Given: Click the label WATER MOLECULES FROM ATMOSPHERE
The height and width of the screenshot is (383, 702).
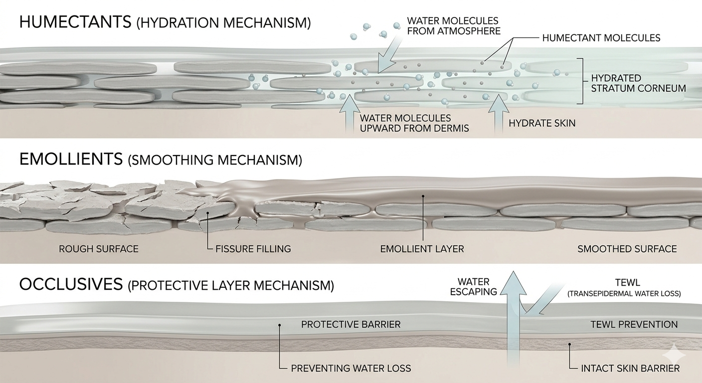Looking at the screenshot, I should (x=453, y=26).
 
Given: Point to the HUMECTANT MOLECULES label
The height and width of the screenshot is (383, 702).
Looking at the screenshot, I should (x=601, y=38).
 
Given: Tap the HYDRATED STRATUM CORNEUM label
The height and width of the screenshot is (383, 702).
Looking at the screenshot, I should (x=638, y=83).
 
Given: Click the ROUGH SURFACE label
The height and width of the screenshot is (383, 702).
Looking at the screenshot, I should (x=98, y=248).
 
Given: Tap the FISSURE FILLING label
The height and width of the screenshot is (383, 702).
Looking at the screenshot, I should (x=253, y=248).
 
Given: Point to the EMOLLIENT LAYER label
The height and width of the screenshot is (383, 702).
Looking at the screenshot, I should (x=422, y=248).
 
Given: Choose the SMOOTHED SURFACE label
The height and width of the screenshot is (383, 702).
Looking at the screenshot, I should (x=627, y=248).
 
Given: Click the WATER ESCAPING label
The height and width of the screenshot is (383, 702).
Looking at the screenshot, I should (x=473, y=287).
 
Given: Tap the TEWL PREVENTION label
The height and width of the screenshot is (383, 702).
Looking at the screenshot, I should (x=634, y=325).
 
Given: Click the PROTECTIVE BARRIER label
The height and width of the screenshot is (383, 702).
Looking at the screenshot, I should (x=351, y=325).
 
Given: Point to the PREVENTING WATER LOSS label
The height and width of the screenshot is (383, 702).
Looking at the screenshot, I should (x=351, y=369).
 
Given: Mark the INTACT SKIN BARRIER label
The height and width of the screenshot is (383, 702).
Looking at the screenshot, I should (x=630, y=369).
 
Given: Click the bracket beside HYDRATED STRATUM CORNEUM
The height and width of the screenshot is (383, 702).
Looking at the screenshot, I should (x=580, y=81).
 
